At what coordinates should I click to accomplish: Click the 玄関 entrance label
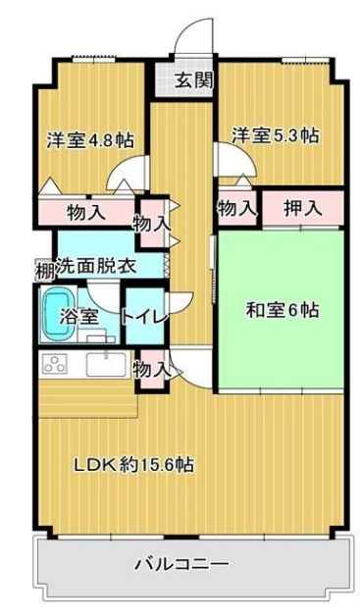pos(194,80)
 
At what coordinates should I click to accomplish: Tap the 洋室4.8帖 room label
pos(90,140)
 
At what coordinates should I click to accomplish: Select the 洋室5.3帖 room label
pos(275,135)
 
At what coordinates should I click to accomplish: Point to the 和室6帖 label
pos(283,310)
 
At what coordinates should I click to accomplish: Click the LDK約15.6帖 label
pos(134,465)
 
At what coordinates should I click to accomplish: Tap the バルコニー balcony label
pos(182,565)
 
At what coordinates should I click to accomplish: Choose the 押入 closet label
pos(303,208)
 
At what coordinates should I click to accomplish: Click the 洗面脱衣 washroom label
pos(96,267)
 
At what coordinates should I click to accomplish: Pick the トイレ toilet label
pos(144,317)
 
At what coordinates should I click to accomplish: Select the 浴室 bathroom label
pos(78,316)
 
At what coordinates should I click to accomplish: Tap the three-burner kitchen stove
pos(55,364)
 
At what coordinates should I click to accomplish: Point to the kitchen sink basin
pos(106,365)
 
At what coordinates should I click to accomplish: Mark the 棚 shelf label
pos(44,271)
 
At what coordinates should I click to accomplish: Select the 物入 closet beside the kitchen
pos(152,371)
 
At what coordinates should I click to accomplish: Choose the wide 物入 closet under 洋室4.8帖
pos(86,213)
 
